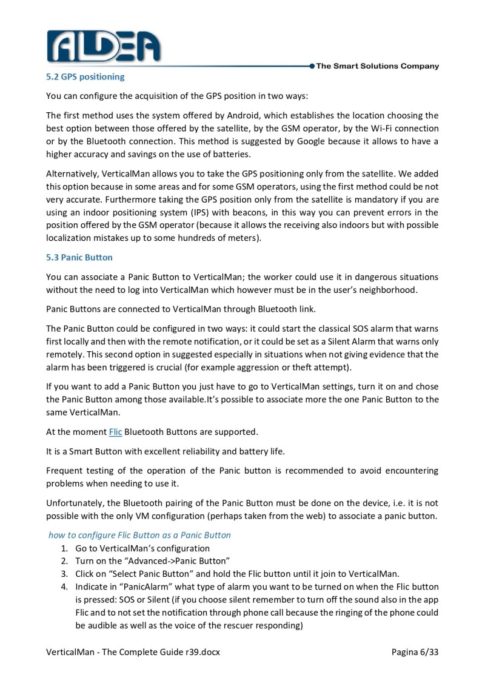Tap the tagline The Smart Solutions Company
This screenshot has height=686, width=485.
point(377,66)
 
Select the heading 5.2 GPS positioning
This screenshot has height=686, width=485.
point(85,77)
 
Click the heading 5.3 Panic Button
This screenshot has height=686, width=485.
point(79,257)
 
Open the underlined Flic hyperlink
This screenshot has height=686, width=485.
point(115,432)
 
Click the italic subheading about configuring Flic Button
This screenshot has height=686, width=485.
point(139,535)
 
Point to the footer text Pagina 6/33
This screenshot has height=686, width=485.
point(415,652)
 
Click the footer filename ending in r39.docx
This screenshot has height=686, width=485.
point(133,652)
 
